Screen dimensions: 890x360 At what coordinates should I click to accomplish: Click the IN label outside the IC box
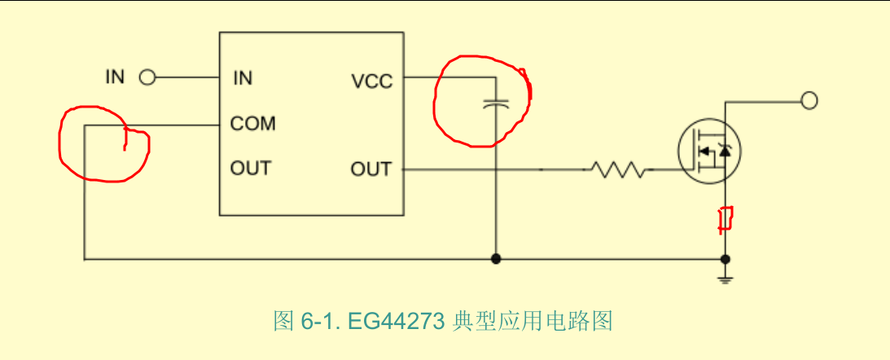point(116,77)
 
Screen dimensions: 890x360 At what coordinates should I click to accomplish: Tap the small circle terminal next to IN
point(147,77)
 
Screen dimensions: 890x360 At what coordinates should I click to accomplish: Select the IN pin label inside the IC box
point(243,78)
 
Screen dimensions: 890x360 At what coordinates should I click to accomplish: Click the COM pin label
point(252,123)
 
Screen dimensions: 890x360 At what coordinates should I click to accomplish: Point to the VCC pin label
point(372,81)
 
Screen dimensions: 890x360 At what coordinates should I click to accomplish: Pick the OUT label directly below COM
point(250,168)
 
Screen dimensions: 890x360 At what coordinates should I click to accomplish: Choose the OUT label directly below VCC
point(371,169)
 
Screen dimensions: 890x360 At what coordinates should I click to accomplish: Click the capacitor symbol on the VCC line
point(496,103)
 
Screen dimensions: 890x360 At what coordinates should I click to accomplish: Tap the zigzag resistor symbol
point(617,169)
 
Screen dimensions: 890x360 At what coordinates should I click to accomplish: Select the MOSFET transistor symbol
point(709,151)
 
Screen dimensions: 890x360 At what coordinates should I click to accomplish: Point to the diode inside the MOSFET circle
point(724,151)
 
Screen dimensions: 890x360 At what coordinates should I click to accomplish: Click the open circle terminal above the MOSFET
point(809,101)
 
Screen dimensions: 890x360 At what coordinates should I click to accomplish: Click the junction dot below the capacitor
point(496,259)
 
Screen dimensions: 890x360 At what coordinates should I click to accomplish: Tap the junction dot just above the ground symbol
point(725,260)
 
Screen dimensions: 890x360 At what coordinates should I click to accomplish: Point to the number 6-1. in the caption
point(322,322)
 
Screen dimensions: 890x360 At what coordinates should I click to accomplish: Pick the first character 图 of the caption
point(283,322)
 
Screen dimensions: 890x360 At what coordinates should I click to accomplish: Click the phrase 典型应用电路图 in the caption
point(533,322)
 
